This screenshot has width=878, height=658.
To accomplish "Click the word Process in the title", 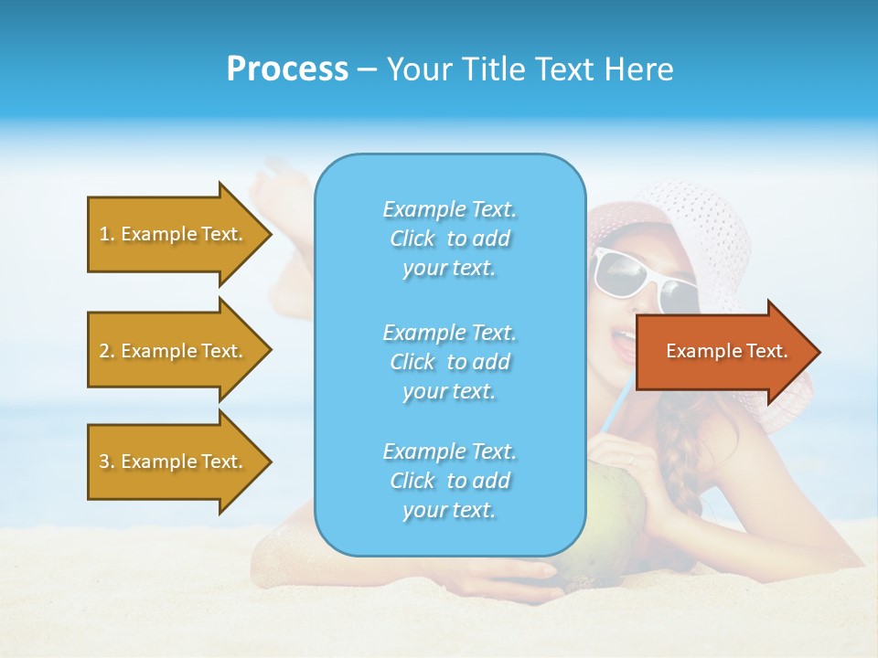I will [287, 69].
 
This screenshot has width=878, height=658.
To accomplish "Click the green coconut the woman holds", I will [608, 521].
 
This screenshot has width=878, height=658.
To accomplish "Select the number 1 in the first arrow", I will [104, 234].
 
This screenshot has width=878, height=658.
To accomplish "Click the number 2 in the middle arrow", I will [104, 351].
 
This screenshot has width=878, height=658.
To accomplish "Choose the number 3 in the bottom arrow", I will [104, 462].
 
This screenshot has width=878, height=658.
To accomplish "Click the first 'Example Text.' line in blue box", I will [449, 209].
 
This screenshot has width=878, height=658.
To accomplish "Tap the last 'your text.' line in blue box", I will [449, 510].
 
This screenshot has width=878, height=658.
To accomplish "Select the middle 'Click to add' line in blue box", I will [449, 362].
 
